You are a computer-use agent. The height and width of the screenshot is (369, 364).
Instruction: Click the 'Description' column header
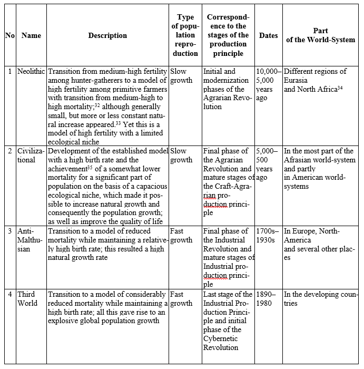[x=107, y=35]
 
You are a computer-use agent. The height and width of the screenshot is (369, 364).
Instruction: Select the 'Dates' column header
[x=269, y=35]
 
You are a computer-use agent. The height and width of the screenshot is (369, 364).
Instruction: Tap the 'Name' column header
[x=31, y=35]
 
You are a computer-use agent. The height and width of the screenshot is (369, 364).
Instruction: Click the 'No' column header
[x=10, y=35]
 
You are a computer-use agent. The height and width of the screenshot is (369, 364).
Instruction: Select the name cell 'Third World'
[x=27, y=298]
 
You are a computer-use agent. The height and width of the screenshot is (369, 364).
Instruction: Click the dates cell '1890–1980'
[x=268, y=298]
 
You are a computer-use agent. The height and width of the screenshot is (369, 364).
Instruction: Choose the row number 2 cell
[x=10, y=151]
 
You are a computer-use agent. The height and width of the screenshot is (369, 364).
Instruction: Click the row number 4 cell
[x=10, y=294]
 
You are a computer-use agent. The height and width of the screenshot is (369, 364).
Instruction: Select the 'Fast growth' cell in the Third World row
[x=182, y=298]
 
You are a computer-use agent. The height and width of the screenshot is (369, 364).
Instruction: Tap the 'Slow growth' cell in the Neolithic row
[x=182, y=75]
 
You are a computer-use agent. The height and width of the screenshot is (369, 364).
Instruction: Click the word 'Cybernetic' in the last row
[x=221, y=338]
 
